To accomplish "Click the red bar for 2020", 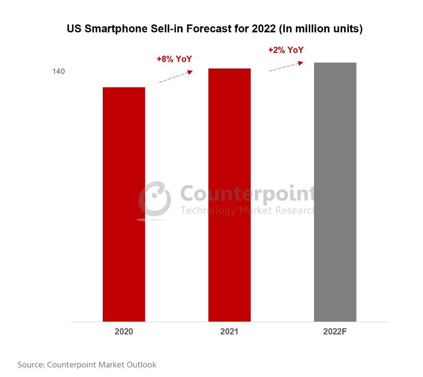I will click(x=124, y=204).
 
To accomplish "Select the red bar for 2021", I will click(x=229, y=195).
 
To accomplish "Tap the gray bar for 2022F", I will click(x=335, y=192).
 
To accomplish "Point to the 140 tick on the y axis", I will click(x=59, y=72).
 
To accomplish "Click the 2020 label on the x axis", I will click(x=124, y=331).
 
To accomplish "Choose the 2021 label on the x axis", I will click(x=229, y=331).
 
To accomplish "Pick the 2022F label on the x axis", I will click(x=335, y=331).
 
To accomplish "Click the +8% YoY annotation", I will click(x=174, y=59).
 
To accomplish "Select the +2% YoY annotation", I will click(x=286, y=50).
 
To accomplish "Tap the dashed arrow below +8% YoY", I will click(x=175, y=76).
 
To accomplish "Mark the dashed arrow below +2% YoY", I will click(x=286, y=66).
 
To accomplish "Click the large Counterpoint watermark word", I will click(x=247, y=194).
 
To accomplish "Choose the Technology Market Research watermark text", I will click(x=247, y=210).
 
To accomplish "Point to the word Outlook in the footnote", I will click(x=141, y=365).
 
